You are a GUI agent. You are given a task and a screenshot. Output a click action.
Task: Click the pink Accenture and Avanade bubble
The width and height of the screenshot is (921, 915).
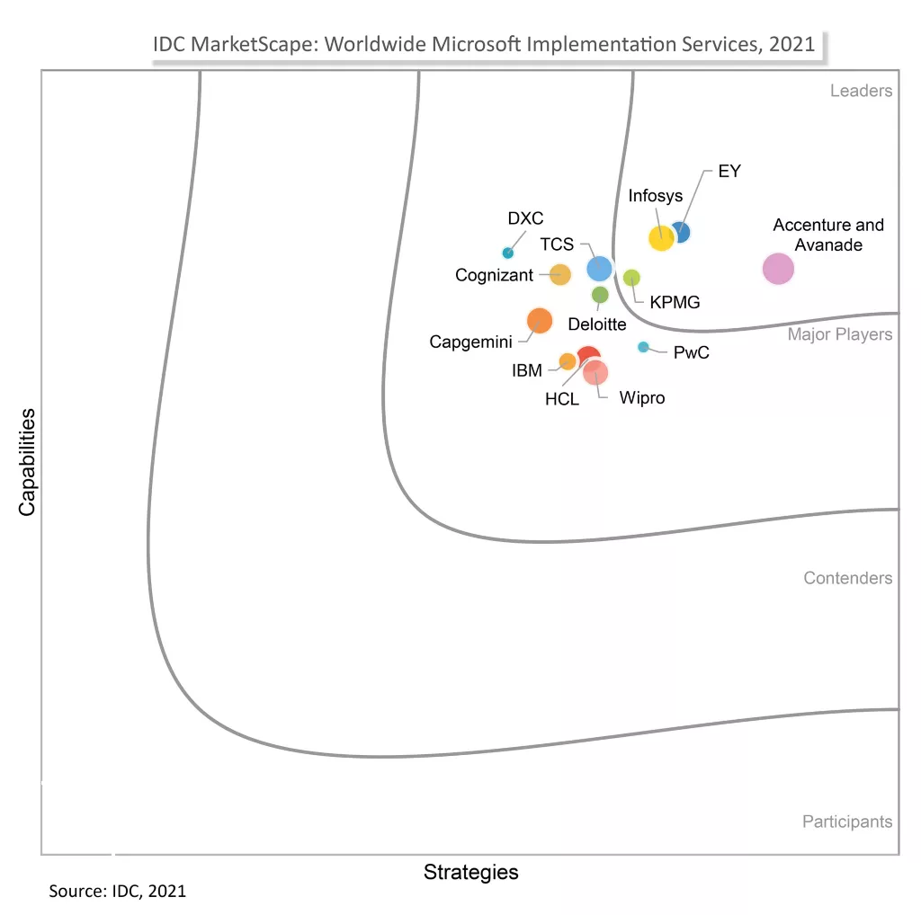pos(778,269)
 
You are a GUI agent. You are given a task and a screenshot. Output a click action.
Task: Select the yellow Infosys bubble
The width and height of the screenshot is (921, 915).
pos(661,238)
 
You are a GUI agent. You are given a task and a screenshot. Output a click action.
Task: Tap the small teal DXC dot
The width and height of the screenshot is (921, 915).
pos(507,253)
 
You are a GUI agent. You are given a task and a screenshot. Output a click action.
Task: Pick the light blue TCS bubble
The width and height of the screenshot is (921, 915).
pos(599,268)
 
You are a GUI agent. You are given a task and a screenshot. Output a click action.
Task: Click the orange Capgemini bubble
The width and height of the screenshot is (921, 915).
pos(539,320)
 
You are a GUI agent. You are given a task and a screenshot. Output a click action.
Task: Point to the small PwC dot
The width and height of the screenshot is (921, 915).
pos(643,347)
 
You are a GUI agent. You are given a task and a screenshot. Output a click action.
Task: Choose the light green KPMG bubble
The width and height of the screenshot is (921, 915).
pos(631,277)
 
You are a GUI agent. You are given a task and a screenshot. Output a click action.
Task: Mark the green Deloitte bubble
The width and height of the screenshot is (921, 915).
pos(600,295)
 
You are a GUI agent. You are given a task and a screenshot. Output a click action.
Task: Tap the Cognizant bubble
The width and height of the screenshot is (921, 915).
pos(559,275)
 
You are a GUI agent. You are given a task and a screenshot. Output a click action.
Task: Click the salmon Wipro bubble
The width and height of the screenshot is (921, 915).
pos(595,372)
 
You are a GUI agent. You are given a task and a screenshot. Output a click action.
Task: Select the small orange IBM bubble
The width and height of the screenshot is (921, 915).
pos(568,361)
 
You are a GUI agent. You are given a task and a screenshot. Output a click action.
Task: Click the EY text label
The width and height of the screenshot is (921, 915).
pos(729,171)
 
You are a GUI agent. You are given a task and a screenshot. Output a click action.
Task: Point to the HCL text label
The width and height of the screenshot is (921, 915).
pos(562,399)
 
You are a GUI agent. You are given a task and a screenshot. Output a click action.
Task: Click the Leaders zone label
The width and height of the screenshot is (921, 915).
pos(861,91)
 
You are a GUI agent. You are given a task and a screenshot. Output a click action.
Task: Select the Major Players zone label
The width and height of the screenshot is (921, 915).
pos(840,334)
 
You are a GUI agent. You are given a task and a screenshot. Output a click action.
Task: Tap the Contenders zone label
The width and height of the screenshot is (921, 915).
pos(847,578)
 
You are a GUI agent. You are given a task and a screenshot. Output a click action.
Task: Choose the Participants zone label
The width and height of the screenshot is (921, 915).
pos(846,822)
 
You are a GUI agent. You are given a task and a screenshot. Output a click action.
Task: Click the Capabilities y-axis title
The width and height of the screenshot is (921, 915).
pos(28,462)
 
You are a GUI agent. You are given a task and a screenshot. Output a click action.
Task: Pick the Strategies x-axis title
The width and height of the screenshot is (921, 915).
pos(470,872)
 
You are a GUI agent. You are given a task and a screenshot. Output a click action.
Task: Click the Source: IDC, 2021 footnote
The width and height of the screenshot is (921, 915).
pos(117,892)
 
